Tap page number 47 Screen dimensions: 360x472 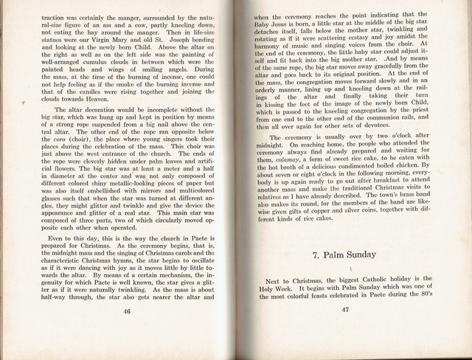[x=344, y=309]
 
